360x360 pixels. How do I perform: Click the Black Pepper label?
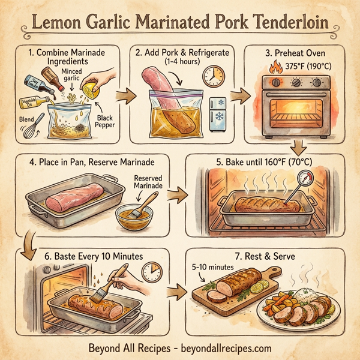click(x=107, y=122)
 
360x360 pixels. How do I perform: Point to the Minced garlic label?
click(x=76, y=75)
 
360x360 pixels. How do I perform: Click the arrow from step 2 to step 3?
click(x=238, y=95)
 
